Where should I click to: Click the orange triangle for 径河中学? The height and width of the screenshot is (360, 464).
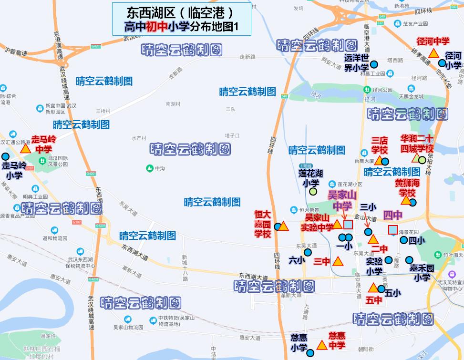click(433, 53)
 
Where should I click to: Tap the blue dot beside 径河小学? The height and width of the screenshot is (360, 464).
click(442, 63)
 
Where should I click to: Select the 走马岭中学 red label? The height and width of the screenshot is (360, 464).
click(44, 144)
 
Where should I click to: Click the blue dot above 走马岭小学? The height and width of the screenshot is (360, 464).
click(5, 156)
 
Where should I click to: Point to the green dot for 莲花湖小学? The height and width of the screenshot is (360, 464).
click(313, 192)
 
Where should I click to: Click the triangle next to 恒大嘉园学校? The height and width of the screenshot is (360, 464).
click(283, 226)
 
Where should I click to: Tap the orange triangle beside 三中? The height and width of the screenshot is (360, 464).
click(338, 261)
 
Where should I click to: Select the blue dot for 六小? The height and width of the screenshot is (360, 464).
click(308, 252)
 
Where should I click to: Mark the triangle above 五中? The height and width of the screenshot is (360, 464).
click(373, 288)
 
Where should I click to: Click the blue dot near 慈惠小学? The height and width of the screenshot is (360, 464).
click(310, 353)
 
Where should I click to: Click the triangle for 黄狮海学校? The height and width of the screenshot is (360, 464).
click(406, 201)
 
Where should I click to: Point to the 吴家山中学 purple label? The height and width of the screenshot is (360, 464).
click(342, 200)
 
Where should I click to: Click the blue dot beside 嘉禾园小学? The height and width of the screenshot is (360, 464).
click(409, 260)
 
